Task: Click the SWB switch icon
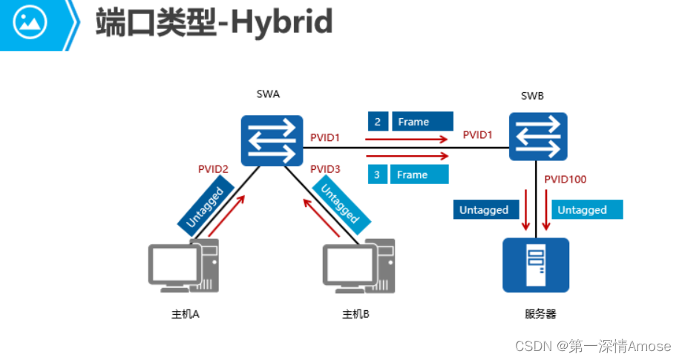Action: [x=538, y=137]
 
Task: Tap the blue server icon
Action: [x=535, y=265]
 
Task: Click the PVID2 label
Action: [x=213, y=169]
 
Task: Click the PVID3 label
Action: [x=325, y=169]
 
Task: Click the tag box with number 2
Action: [x=378, y=122]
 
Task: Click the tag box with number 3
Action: [x=378, y=175]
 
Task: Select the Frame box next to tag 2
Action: [x=422, y=122]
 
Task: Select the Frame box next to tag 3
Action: [x=420, y=175]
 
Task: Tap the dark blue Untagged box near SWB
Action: [x=484, y=210]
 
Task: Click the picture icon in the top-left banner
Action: [x=30, y=23]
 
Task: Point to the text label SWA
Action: [x=268, y=94]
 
